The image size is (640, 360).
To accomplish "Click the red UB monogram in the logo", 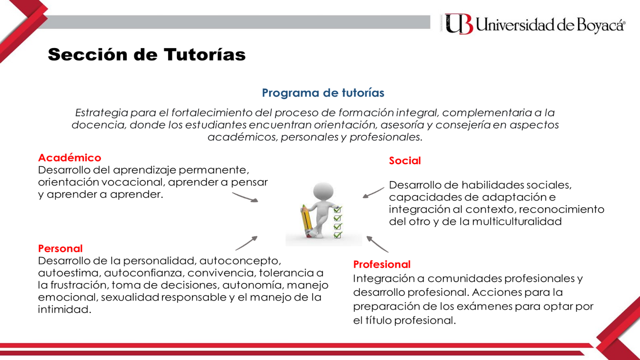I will pyautogui.click(x=459, y=24).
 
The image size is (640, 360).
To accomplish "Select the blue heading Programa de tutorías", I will pyautogui.click(x=323, y=93).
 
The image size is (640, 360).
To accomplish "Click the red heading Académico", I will pyautogui.click(x=69, y=158).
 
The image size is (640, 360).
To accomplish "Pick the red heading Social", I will pyautogui.click(x=405, y=161).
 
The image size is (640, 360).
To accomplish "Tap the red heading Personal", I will pyautogui.click(x=60, y=248).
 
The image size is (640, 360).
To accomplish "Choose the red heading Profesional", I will pyautogui.click(x=382, y=264).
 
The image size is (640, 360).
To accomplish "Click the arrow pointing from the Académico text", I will pyautogui.click(x=245, y=197).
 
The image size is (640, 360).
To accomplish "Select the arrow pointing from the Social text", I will pyautogui.click(x=373, y=193).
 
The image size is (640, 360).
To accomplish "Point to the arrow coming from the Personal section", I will pyautogui.click(x=247, y=243).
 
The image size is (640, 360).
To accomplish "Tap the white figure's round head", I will pyautogui.click(x=323, y=191).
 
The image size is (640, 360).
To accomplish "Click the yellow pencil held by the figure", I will pyautogui.click(x=306, y=220).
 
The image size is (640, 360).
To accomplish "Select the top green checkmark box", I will pyautogui.click(x=337, y=210).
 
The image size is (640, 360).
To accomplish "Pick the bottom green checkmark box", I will pyautogui.click(x=337, y=235).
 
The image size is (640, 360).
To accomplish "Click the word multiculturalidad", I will pyautogui.click(x=517, y=222).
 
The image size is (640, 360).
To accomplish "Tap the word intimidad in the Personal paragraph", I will pyautogui.click(x=64, y=309).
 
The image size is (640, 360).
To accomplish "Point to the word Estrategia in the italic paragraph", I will pyautogui.click(x=101, y=113).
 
